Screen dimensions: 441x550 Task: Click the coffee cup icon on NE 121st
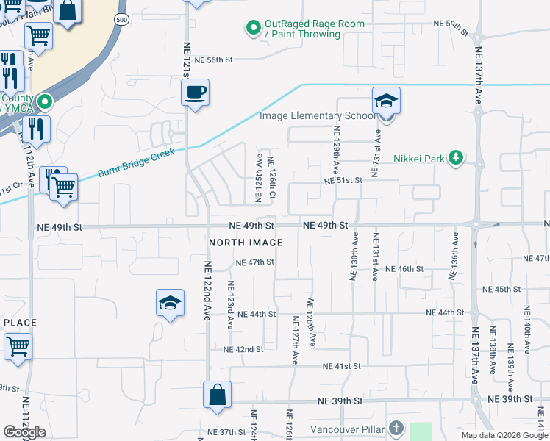point(195,93)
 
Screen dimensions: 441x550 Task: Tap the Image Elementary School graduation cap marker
point(386,101)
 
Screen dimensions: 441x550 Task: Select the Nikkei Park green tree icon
point(457,157)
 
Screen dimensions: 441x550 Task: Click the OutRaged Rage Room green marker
point(254,29)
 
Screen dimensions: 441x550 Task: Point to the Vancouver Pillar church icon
point(396,428)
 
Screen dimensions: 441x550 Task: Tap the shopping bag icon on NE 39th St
point(218,395)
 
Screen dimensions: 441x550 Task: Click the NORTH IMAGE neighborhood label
point(246,243)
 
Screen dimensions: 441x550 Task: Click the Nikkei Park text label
point(421,157)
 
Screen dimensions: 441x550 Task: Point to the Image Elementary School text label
point(312,115)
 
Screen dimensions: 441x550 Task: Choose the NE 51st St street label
point(345,180)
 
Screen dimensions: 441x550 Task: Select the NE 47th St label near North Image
point(254,262)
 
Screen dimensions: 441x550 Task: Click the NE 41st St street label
point(342,365)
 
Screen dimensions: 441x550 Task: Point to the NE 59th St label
point(451,25)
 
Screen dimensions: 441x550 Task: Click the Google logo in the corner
point(24,432)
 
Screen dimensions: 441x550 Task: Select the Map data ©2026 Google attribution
point(504,435)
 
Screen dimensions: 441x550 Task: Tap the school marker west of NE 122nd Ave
point(170,303)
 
